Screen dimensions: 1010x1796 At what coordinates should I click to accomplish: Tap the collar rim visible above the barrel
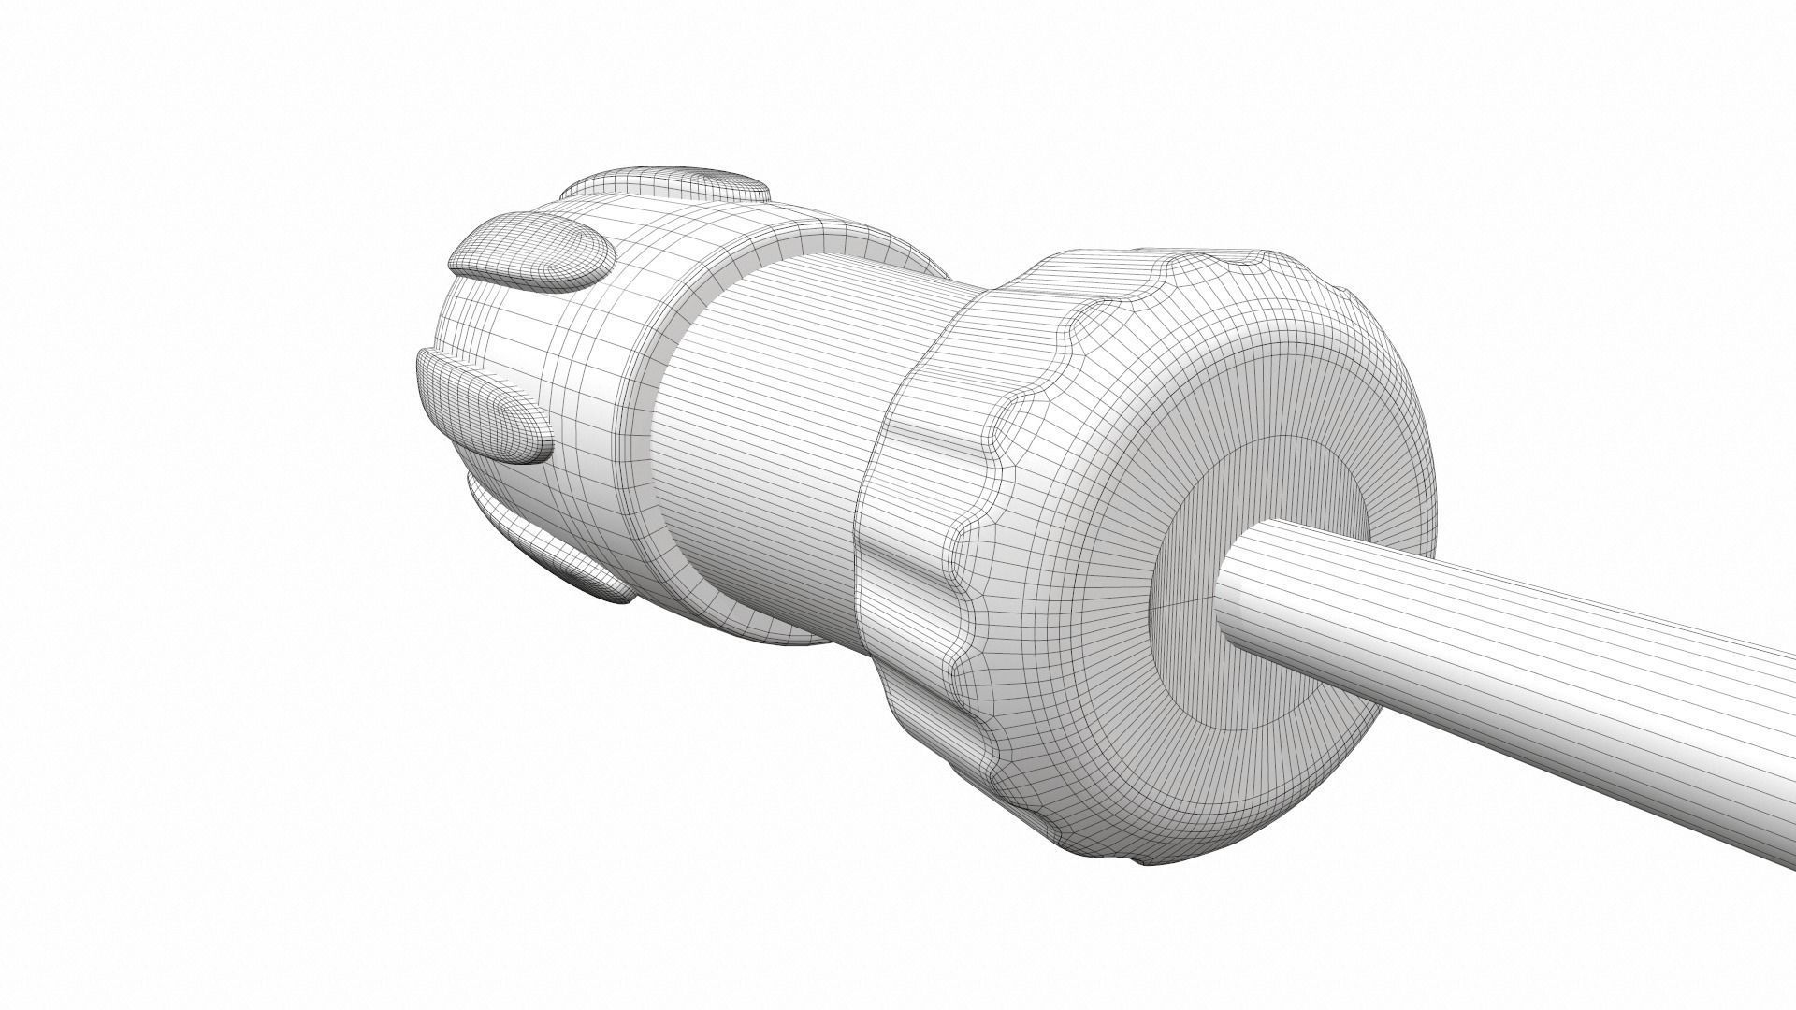point(842,238)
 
